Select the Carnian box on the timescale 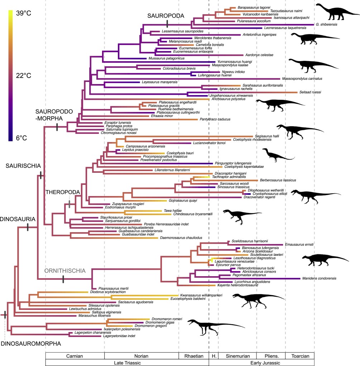click(75, 356)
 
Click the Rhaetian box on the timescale click(193, 356)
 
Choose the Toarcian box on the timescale click(300, 356)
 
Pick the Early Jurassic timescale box click(261, 362)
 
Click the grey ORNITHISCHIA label click(65, 271)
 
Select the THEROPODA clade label click(62, 192)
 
